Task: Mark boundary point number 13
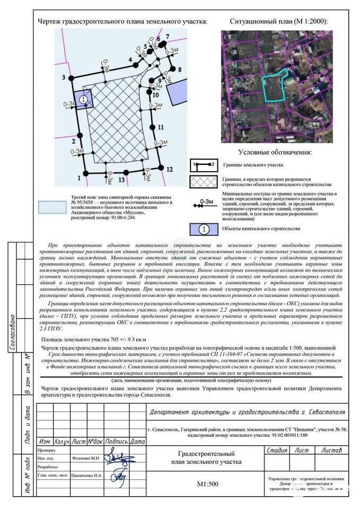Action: [126, 172]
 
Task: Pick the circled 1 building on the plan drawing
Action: [84, 99]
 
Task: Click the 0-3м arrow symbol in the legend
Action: [204, 203]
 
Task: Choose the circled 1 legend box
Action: [204, 229]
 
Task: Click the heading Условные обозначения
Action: [275, 152]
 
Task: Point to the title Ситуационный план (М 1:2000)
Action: [278, 22]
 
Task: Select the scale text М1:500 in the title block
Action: [208, 484]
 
